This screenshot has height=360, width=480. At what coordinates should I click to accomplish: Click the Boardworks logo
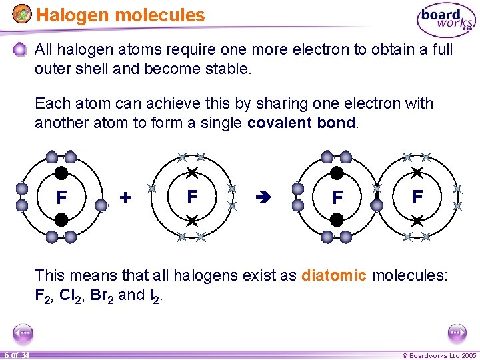click(446, 20)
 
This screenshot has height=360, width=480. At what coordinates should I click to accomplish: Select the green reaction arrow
click(262, 197)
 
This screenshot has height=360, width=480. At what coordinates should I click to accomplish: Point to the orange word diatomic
click(334, 275)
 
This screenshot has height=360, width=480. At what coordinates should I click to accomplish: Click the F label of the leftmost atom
click(61, 198)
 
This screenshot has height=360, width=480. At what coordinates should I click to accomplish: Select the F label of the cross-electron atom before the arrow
click(192, 197)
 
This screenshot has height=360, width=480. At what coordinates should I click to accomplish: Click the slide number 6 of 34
click(15, 355)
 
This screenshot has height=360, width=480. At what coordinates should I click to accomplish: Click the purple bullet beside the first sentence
click(22, 50)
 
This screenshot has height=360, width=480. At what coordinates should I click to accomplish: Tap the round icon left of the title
click(22, 14)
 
